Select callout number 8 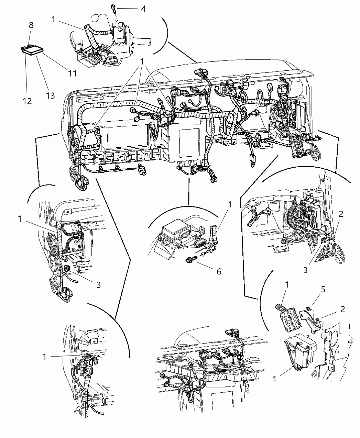(31, 25)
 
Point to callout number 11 (72, 73)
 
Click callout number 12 (27, 101)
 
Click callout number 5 (323, 290)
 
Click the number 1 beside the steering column (53, 20)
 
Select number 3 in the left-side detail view (98, 284)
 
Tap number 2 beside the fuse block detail (341, 214)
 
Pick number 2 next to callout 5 (342, 309)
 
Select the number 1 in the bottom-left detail (44, 357)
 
